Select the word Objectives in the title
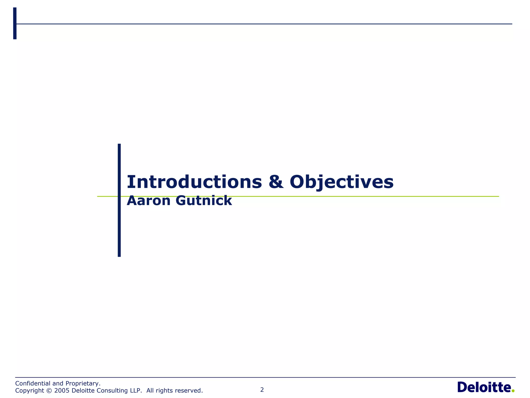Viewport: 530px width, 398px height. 342,182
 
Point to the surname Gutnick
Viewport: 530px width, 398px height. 204,201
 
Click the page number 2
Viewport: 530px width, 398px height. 262,390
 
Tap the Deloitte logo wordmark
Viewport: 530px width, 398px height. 483,388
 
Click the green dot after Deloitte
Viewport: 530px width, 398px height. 513,391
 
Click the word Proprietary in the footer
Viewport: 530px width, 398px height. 83,383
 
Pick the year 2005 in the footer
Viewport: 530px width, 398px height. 62,390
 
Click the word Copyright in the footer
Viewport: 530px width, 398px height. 30,390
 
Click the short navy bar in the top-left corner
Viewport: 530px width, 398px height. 15,23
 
